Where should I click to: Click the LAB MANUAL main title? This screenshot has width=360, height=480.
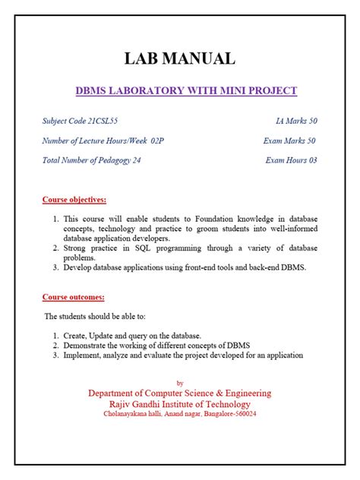180,58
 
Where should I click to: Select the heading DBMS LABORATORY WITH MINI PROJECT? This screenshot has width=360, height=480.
186,91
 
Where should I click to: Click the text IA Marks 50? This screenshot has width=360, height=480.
296,122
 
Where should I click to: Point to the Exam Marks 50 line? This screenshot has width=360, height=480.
289,141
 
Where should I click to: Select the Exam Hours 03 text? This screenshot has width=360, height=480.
291,160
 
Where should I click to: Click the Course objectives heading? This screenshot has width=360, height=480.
74,200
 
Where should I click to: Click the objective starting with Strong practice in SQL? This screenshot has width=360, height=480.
185,253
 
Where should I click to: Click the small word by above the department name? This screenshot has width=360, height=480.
179,383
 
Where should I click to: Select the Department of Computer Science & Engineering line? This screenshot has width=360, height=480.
179,393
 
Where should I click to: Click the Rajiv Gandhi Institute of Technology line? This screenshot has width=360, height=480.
179,404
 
